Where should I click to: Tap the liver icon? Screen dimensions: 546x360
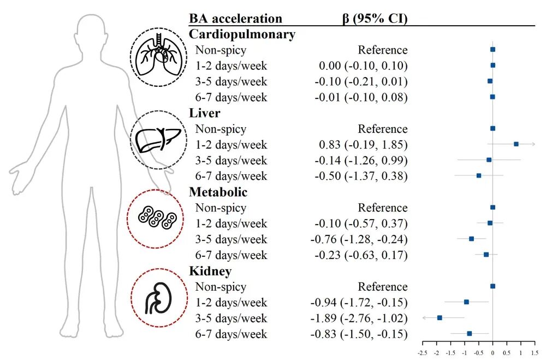click(x=158, y=140)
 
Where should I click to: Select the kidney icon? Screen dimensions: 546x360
click(x=159, y=297)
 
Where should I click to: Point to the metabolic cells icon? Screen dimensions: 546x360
click(x=157, y=219)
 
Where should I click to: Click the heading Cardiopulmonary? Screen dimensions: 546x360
click(x=242, y=34)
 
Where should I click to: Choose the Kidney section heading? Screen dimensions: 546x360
click(x=210, y=271)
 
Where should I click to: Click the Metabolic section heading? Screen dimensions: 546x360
click(x=218, y=192)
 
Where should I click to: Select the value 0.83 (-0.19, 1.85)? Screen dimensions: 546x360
click(x=363, y=145)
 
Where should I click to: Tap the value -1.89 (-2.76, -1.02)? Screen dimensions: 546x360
click(x=359, y=318)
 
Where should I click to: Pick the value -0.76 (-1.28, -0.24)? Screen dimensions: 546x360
click(x=359, y=239)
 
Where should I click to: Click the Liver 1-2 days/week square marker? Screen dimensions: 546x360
click(x=516, y=144)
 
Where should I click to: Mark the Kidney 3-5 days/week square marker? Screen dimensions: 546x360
click(x=440, y=317)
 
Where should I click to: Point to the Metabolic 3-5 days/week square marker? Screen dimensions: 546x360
click(x=471, y=239)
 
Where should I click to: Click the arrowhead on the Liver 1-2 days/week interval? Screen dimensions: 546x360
click(x=533, y=144)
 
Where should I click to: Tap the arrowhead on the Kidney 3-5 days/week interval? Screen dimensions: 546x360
click(x=424, y=317)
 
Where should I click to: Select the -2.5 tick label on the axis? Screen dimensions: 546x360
click(x=423, y=353)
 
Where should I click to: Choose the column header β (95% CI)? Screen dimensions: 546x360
click(x=375, y=18)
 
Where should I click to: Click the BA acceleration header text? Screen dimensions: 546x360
click(x=235, y=18)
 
